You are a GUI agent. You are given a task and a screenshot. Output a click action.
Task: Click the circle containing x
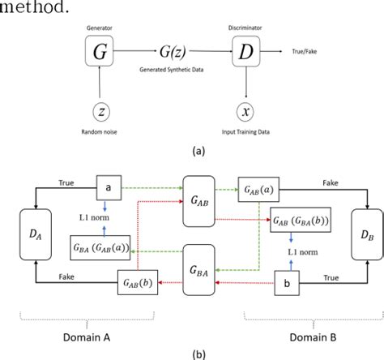point(245,110)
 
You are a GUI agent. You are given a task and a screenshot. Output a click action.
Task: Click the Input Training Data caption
point(245,132)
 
